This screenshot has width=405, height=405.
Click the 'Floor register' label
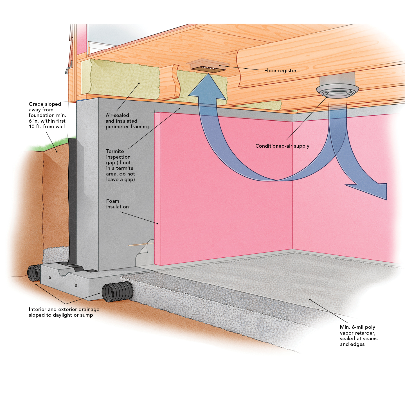coord(280,71)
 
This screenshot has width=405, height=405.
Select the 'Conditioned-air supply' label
coord(282,146)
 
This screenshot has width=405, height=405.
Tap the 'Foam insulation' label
coord(117,204)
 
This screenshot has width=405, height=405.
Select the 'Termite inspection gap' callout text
coord(120,165)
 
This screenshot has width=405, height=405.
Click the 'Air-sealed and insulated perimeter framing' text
coord(127,121)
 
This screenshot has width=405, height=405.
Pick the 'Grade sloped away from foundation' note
coord(47,115)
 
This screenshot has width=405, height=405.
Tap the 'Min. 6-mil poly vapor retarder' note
coord(359,336)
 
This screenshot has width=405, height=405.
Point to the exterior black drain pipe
coord(34,273)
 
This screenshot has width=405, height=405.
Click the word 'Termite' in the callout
coord(115,151)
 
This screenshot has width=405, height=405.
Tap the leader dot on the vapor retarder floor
coord(310,300)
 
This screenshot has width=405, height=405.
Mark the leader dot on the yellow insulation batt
coord(139,83)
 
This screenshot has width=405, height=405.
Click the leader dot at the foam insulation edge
coord(158,224)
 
